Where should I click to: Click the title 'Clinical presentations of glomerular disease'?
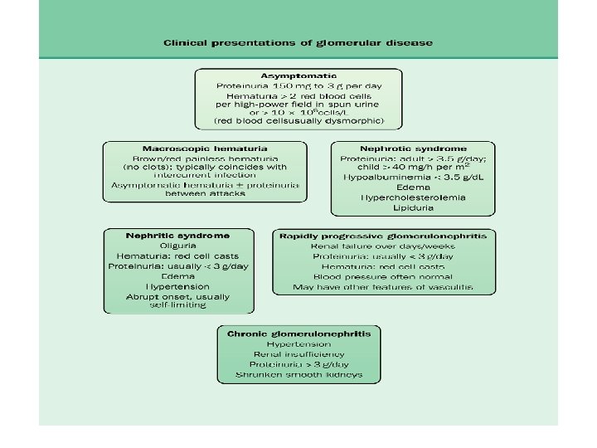(298, 42)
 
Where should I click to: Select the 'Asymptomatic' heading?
(298, 75)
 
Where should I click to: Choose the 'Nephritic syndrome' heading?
(177, 235)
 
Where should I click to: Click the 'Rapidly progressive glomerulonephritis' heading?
(383, 236)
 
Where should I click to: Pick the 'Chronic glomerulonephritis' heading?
(299, 333)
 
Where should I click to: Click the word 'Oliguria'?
(178, 246)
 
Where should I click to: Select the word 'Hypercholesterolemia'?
(413, 197)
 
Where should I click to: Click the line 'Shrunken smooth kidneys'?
(298, 375)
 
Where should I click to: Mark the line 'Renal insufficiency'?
(298, 354)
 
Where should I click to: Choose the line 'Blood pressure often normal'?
(383, 277)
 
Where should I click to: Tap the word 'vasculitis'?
(451, 287)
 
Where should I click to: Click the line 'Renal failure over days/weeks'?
(383, 246)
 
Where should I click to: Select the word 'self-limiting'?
(178, 305)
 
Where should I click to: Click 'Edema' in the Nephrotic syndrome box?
(413, 187)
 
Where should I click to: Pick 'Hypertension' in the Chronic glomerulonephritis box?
(298, 343)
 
